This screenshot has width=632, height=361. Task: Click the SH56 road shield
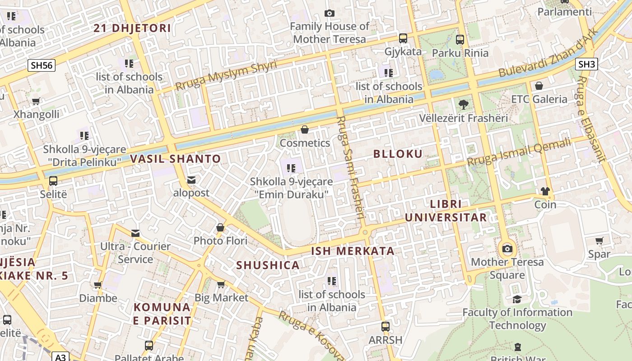[x=42, y=65]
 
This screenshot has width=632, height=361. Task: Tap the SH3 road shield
[x=586, y=64]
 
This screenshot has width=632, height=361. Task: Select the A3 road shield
[x=60, y=357]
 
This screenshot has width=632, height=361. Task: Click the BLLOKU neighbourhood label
[x=398, y=154]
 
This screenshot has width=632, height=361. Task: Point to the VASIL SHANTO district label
[x=175, y=159]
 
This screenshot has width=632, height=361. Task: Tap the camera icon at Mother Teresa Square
[x=507, y=249]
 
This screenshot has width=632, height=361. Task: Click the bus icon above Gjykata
[x=403, y=38]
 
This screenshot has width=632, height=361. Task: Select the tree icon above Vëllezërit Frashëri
[x=463, y=105]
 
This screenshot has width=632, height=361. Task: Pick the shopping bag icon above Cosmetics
[x=305, y=130]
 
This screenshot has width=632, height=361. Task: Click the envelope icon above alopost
[x=191, y=180]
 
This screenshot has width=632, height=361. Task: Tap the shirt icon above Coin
[x=545, y=191]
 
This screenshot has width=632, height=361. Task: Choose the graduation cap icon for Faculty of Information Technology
[x=517, y=299]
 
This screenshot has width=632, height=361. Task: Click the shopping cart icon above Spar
[x=599, y=241]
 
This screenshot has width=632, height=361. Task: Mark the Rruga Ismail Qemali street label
[x=519, y=153]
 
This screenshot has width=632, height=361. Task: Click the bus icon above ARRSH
[x=385, y=326]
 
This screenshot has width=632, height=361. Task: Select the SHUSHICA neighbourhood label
[x=268, y=265]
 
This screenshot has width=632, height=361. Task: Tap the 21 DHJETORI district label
[x=132, y=28]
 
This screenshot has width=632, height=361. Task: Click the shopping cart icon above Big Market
[x=221, y=284]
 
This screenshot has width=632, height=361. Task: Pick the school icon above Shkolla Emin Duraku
[x=291, y=168]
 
